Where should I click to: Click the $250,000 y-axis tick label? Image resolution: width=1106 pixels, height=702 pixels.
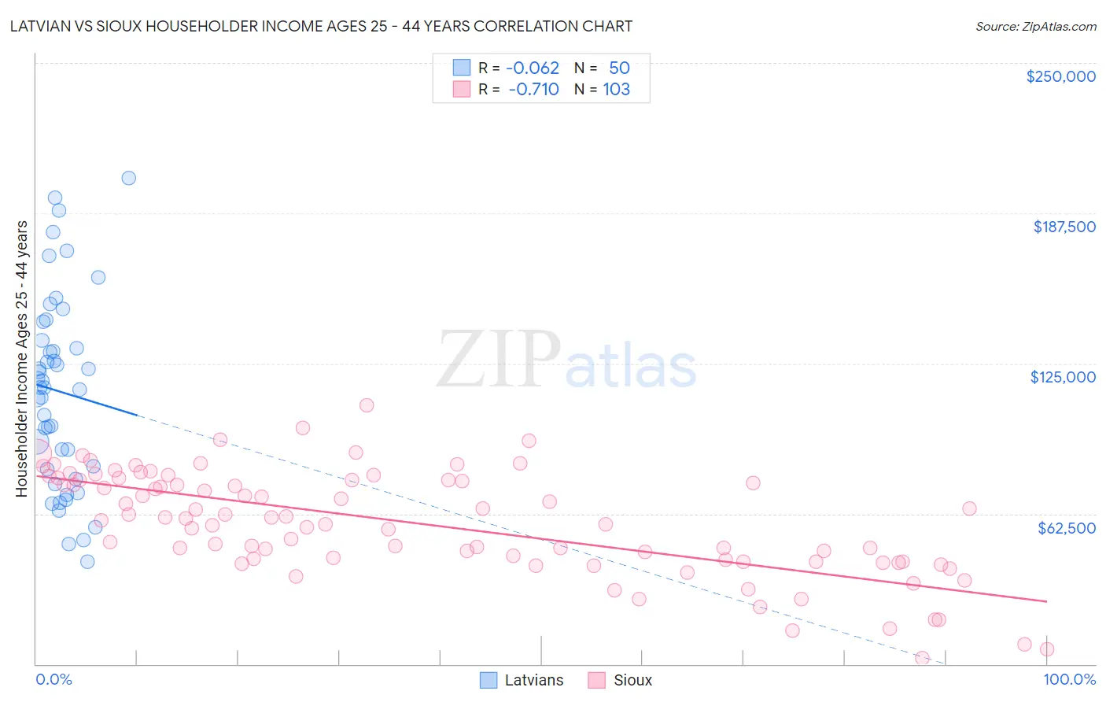point(1060,76)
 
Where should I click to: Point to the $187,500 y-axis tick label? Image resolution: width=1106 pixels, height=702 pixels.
point(1064,227)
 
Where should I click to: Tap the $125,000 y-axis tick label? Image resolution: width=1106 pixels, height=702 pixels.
point(1063,377)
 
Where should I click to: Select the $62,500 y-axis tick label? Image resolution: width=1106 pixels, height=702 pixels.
point(1066,527)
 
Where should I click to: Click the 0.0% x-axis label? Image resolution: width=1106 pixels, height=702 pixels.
point(53,679)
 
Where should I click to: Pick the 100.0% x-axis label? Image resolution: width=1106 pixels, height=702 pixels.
point(1069,679)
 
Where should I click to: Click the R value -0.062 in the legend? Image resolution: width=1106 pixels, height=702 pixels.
point(532,68)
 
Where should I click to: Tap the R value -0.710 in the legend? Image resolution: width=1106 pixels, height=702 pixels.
point(533,89)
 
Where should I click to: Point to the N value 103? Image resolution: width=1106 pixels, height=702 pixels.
point(616,89)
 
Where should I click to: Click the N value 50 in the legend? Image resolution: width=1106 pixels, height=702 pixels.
point(619,68)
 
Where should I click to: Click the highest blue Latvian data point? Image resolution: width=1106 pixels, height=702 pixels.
point(129,178)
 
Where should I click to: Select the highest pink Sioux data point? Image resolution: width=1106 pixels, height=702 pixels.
point(367,405)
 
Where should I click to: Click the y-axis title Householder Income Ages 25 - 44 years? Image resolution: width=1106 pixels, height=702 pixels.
point(21,358)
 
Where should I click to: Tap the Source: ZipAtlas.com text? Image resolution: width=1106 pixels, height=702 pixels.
point(1035,27)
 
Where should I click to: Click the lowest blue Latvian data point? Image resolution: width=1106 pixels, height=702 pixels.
point(87,561)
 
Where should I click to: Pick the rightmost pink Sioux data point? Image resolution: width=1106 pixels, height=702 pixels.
point(1046,649)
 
